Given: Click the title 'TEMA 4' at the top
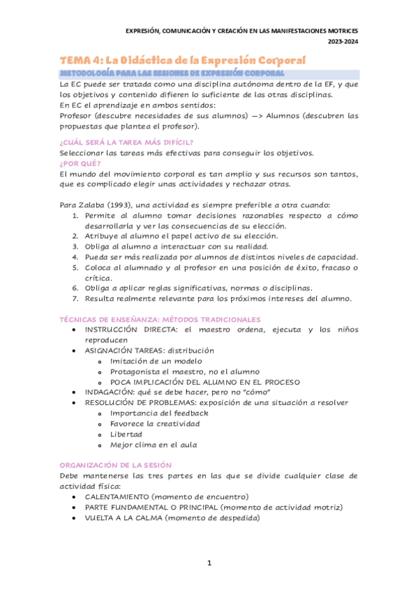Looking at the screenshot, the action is tap(80, 61).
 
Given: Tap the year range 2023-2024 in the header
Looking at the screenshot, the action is tap(343, 41).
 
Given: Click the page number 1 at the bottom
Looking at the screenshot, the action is tap(209, 563).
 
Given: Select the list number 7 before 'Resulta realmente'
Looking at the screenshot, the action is tap(77, 299).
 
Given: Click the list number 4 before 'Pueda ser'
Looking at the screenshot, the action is tap(77, 257).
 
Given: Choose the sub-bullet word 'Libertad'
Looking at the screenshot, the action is tap(126, 434).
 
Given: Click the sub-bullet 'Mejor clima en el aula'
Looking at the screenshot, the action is tap(154, 445).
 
